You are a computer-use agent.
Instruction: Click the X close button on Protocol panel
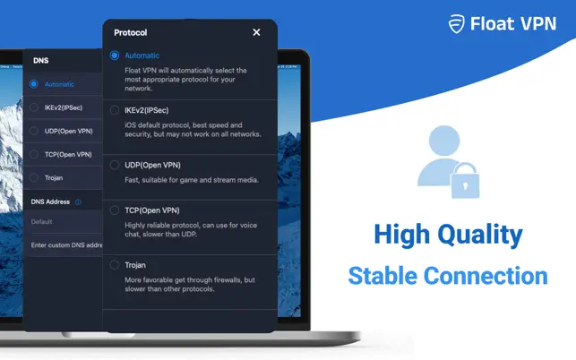pos(256,32)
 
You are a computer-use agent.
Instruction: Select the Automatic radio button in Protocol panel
pos(115,56)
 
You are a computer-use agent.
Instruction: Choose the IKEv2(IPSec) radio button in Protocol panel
pos(115,110)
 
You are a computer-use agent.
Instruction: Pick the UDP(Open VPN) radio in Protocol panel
pos(115,165)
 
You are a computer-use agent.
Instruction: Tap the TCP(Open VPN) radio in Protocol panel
pos(115,210)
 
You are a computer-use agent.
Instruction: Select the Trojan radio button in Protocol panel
pos(115,265)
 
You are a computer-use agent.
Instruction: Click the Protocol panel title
pos(131,33)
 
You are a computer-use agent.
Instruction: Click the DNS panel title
pos(41,61)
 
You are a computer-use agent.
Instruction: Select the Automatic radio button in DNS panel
pos(34,84)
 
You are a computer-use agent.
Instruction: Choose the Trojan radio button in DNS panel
pos(34,178)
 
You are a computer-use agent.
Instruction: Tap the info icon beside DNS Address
pos(78,201)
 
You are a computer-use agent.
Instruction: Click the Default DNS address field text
pos(41,222)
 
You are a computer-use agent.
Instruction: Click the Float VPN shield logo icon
pos(457,24)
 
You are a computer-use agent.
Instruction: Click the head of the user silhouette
pos(444,141)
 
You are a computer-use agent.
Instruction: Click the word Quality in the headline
pos(480,236)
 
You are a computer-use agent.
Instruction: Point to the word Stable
pos(383,276)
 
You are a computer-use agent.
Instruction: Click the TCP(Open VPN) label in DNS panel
pos(68,155)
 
